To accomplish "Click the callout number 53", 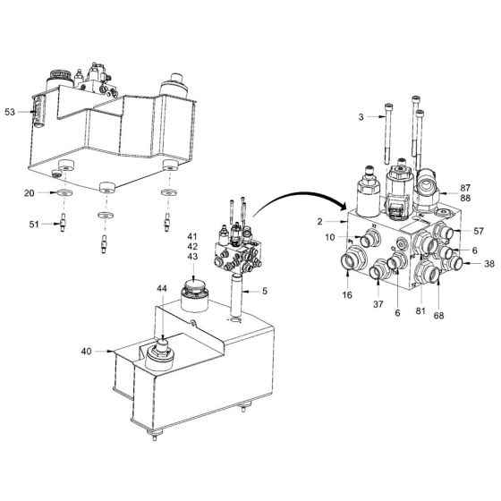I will pos(10,112).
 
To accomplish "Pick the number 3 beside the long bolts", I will pos(361,116).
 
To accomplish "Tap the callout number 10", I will pos(331,237).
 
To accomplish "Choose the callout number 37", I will pos(378,301).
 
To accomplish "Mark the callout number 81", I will pos(420,310).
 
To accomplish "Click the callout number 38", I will pos(488,265).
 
